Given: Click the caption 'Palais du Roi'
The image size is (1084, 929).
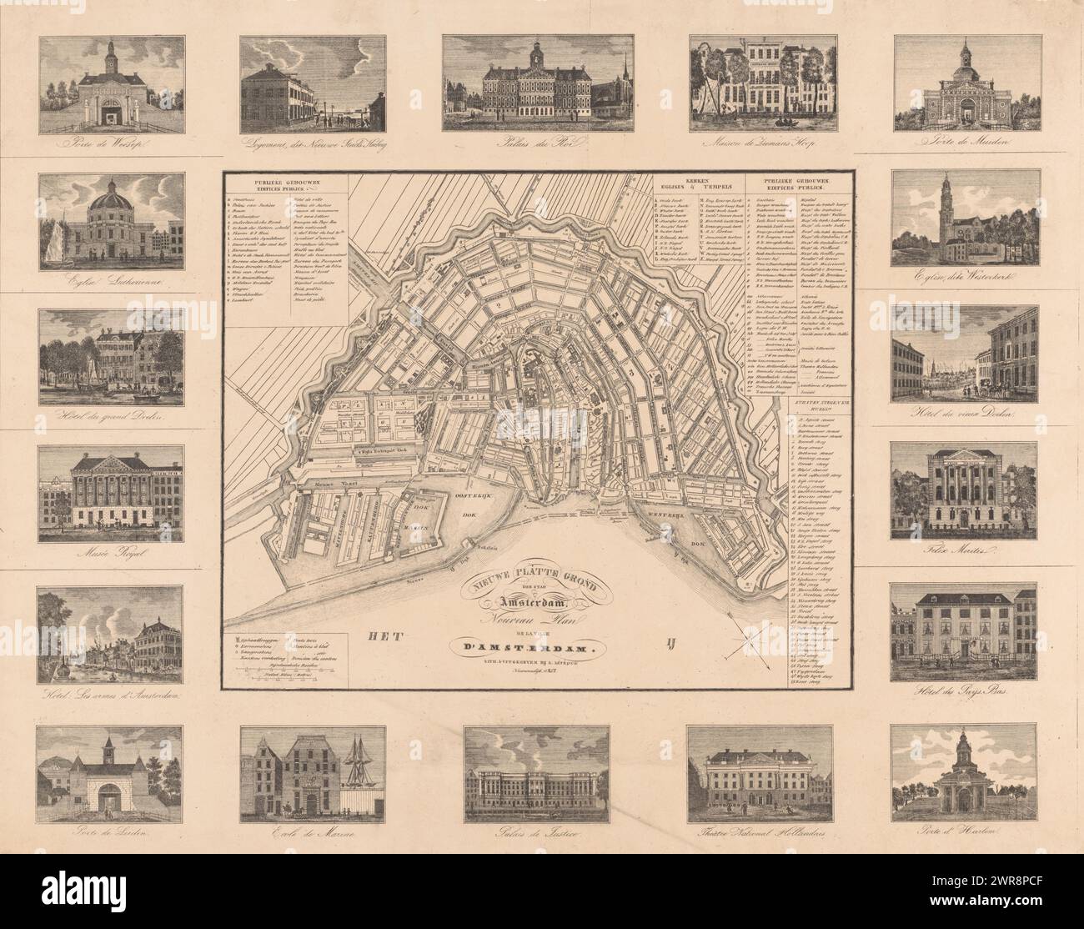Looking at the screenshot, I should coord(543,143).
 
